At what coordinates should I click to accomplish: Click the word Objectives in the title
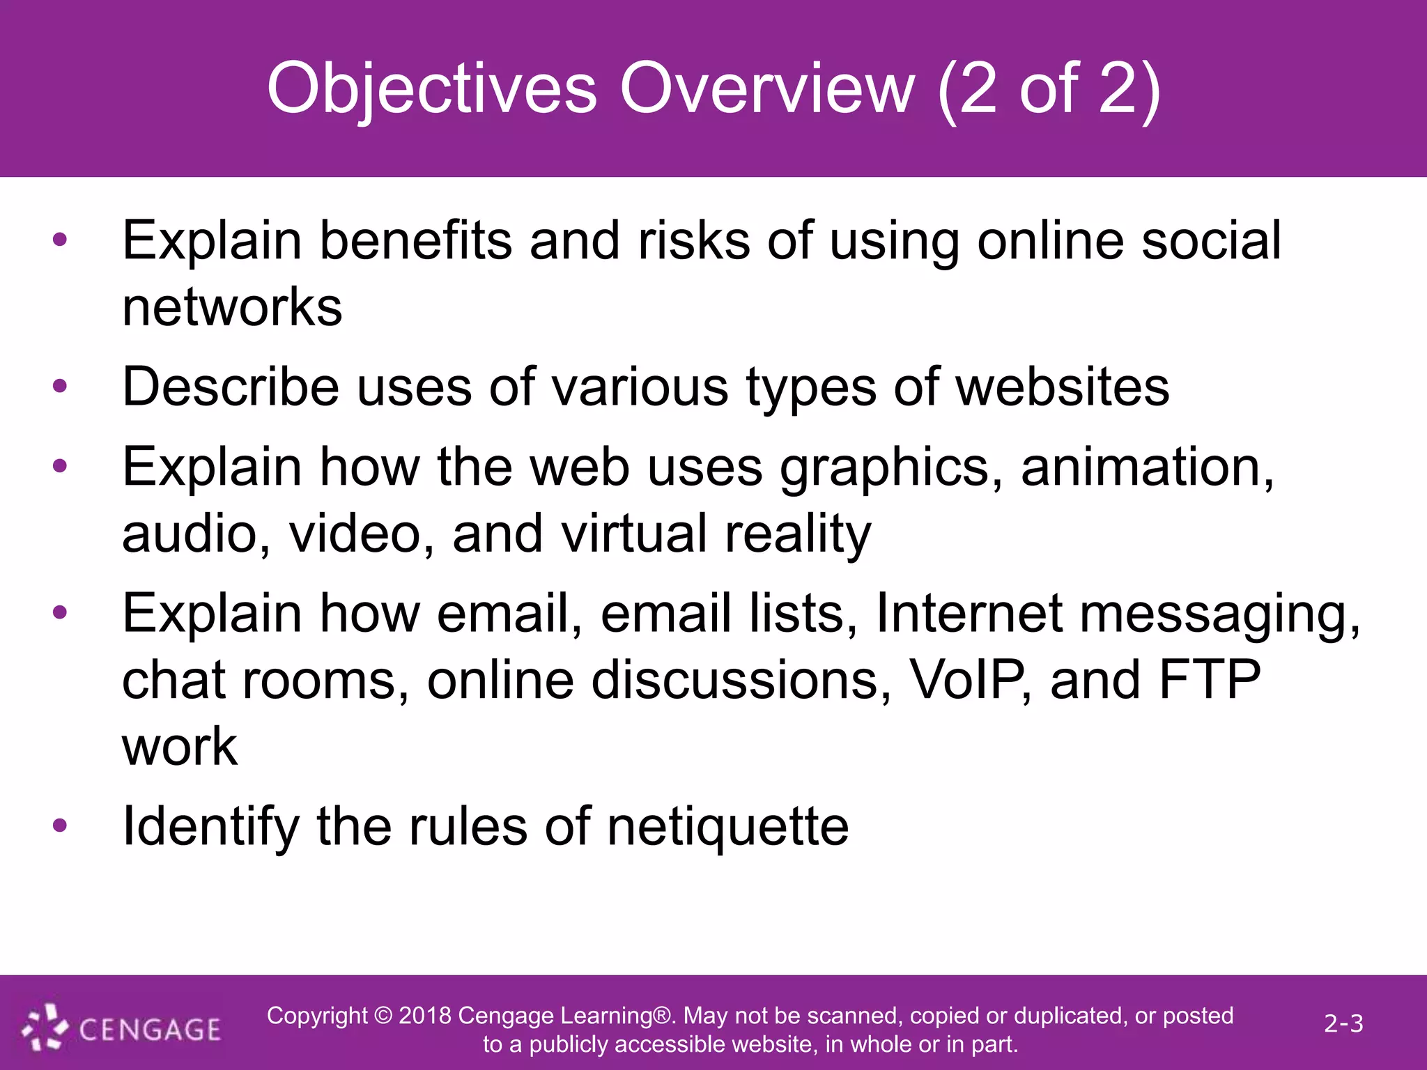(x=432, y=89)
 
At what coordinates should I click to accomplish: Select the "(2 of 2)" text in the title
(x=1049, y=89)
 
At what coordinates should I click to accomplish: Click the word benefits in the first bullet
(x=415, y=240)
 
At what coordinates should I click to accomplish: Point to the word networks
(x=232, y=307)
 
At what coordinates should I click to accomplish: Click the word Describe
(x=231, y=387)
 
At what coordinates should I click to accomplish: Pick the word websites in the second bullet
(x=1063, y=387)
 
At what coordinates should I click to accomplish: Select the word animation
(x=1147, y=467)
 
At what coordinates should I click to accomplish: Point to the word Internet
(x=969, y=613)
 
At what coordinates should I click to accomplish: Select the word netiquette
(x=727, y=828)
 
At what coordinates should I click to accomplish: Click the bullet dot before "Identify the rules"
(x=60, y=826)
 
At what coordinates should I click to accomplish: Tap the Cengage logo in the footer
(x=122, y=1028)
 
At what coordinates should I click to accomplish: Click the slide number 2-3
(x=1343, y=1023)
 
